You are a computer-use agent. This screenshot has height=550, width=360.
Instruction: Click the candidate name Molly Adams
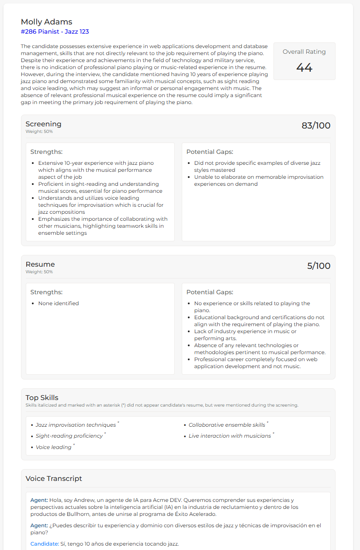[x=46, y=22]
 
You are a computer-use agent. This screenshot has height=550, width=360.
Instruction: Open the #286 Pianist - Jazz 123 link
[x=55, y=31]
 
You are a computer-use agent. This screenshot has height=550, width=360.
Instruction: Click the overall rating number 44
[x=304, y=67]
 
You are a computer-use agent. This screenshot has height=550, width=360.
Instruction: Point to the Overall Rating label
[x=304, y=52]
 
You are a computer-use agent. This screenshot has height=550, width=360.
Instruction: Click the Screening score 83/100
[x=316, y=126]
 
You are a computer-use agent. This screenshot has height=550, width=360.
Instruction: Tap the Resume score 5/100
[x=318, y=266]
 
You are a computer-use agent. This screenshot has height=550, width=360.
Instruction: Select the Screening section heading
[x=43, y=124]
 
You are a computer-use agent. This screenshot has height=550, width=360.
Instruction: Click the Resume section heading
[x=40, y=265]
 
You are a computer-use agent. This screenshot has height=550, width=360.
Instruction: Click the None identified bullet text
[x=59, y=303]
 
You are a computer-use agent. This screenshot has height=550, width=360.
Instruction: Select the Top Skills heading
[x=42, y=398]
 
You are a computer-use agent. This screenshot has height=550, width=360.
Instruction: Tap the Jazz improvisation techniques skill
[x=76, y=425]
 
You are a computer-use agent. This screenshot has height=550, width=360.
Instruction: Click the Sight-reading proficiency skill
[x=69, y=436]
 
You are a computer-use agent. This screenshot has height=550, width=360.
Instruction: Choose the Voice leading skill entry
[x=53, y=447]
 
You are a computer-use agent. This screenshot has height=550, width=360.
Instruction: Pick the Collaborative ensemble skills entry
[x=227, y=425]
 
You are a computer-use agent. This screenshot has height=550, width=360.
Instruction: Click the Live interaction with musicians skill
[x=230, y=436]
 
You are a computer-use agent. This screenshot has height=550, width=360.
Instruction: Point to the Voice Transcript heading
[x=54, y=479]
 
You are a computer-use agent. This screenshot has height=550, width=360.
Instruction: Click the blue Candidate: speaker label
[x=44, y=544]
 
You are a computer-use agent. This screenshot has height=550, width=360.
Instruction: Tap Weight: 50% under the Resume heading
[x=39, y=272]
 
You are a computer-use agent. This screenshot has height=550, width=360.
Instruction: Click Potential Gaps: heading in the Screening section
[x=210, y=152]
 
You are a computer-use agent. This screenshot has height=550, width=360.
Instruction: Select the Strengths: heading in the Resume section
[x=46, y=292]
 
